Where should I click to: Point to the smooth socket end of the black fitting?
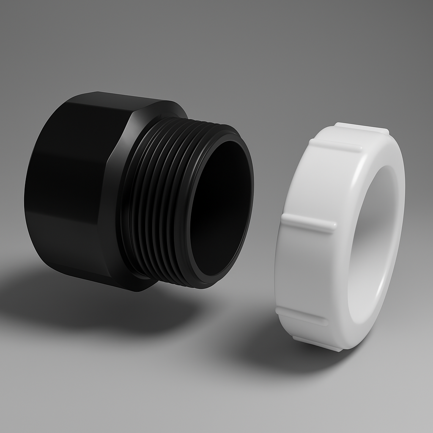[x=63, y=190]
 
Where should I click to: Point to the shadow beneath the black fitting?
[x=97, y=309]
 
